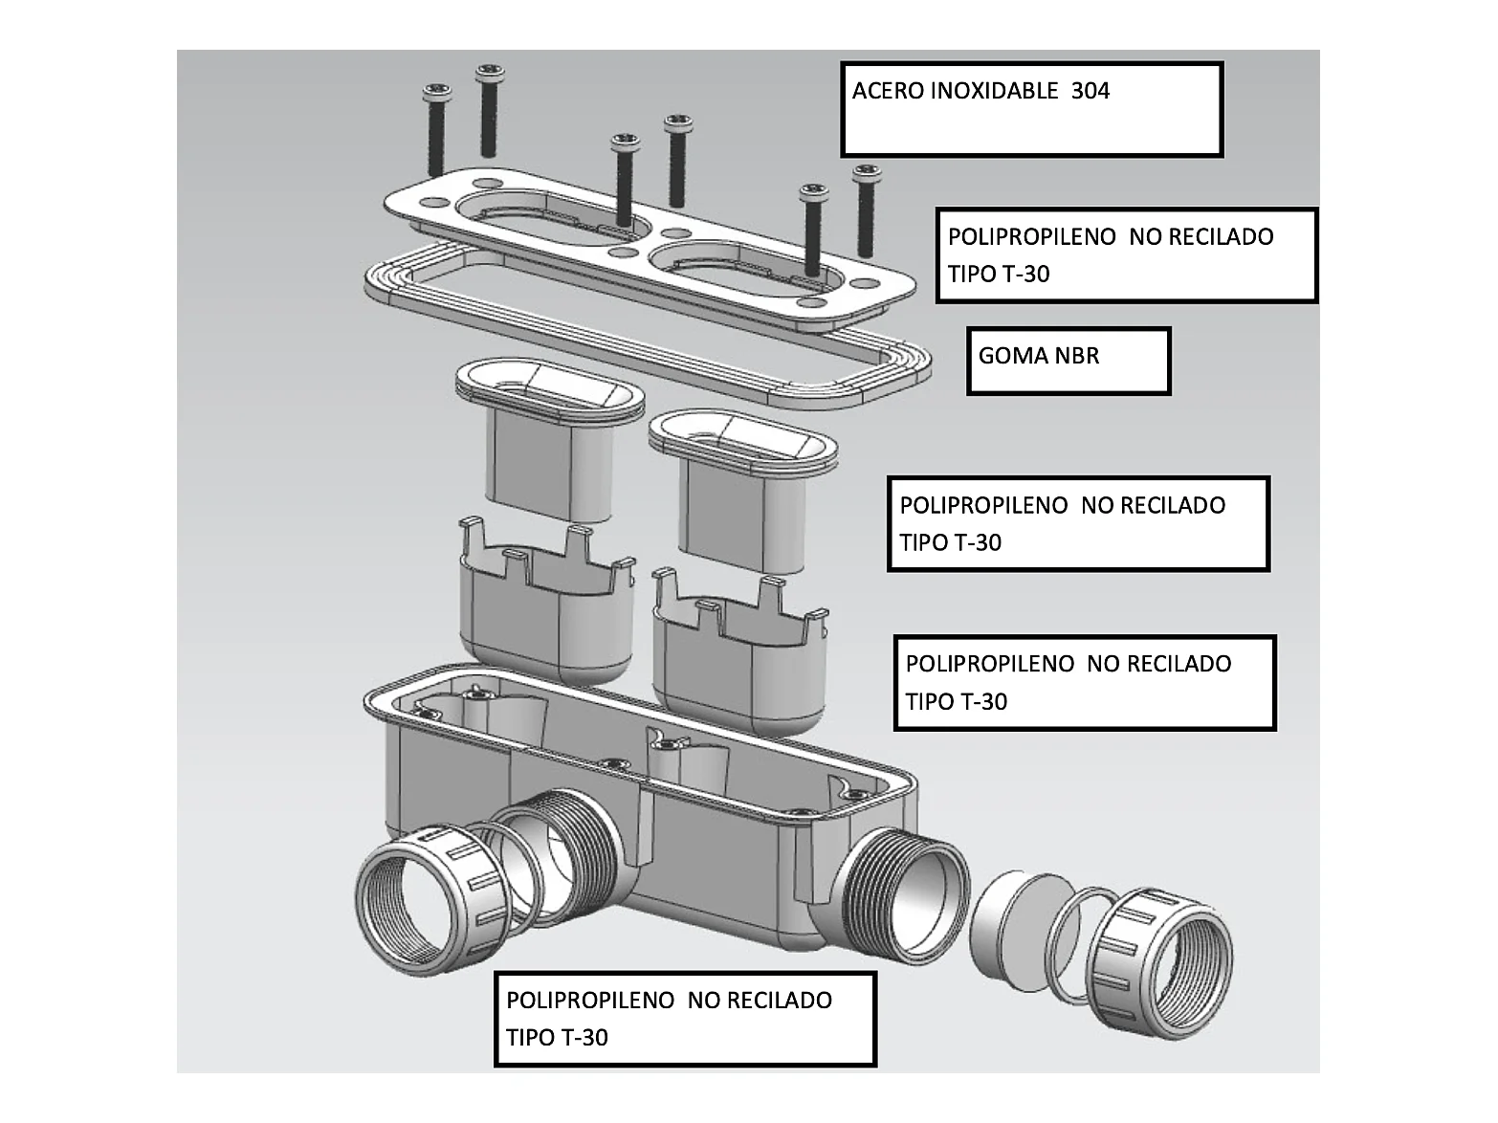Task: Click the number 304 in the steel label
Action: [x=1090, y=92]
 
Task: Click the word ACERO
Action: [x=889, y=92]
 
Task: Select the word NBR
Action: [x=1077, y=356]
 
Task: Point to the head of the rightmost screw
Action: [x=867, y=174]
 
